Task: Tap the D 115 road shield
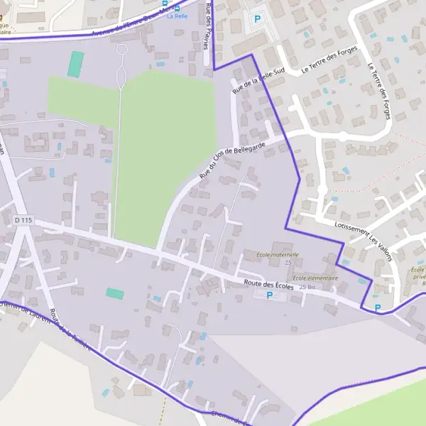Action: [x=23, y=220]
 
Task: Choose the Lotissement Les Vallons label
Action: [x=362, y=242]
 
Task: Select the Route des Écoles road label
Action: [x=268, y=284]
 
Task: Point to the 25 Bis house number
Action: [x=307, y=287]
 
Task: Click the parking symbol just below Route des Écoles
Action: [x=269, y=295]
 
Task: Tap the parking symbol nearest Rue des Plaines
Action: [x=257, y=19]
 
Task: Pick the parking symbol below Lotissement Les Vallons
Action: [x=377, y=307]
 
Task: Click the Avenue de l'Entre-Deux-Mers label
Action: [x=129, y=23]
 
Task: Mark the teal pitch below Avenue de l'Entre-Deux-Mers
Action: [x=75, y=64]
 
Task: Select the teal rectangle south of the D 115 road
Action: [x=115, y=293]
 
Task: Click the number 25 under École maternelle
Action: [x=288, y=263]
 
